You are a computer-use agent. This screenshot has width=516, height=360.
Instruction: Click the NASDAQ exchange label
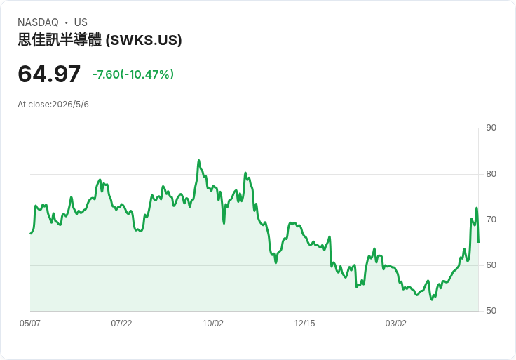[38, 22]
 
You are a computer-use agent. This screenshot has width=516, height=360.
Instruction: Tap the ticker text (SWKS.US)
[144, 40]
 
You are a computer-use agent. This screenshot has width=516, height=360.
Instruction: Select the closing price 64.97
[49, 74]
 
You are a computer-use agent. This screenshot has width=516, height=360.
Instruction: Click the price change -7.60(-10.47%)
[133, 74]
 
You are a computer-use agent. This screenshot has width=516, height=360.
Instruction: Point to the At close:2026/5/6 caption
[53, 105]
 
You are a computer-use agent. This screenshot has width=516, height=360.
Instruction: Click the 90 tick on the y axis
[491, 128]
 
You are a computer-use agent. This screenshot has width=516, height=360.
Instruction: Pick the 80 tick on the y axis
[491, 174]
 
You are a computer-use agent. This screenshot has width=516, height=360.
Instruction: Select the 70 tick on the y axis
[491, 220]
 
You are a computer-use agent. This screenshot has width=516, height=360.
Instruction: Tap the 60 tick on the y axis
[491, 265]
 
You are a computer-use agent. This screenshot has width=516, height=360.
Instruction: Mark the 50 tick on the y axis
[491, 311]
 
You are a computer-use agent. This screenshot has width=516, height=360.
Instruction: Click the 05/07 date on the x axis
[30, 323]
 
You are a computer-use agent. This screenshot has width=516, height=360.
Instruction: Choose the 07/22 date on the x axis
[121, 323]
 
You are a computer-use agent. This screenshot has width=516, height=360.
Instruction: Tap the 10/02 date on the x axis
[213, 323]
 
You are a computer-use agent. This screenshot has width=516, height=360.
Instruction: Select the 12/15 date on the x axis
[304, 323]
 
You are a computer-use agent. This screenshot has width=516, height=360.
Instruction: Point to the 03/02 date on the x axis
[396, 323]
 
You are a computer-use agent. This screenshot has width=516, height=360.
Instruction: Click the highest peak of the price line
[198, 161]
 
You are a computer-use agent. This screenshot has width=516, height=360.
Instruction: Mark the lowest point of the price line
[432, 300]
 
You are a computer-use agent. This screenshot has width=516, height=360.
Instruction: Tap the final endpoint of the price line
[478, 242]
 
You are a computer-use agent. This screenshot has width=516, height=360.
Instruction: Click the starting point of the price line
[31, 234]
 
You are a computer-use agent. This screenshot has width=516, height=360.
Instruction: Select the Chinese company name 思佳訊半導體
[60, 40]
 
